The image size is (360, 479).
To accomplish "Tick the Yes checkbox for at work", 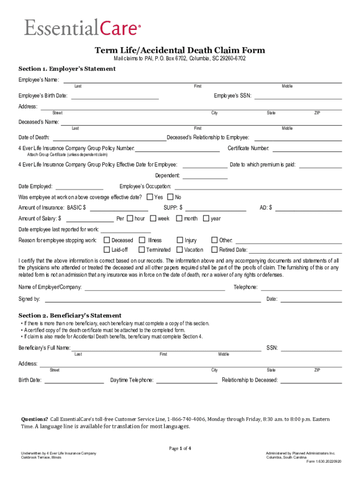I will tap(150, 197).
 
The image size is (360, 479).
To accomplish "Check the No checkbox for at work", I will tap(170, 197).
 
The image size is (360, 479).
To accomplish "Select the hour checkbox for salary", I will tap(130, 218).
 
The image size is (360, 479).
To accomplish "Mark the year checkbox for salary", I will tap(206, 218).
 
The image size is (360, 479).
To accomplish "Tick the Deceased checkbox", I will tap(107, 240).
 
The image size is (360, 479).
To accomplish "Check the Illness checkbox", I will tap(143, 240).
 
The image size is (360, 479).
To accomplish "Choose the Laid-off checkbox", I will tap(107, 249).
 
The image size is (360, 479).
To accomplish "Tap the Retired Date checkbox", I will tap(215, 249).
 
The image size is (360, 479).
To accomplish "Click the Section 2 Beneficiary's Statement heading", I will tap(70, 315).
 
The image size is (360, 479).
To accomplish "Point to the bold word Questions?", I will tap(35, 419).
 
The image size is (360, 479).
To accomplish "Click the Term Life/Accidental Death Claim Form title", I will tap(180, 50).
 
